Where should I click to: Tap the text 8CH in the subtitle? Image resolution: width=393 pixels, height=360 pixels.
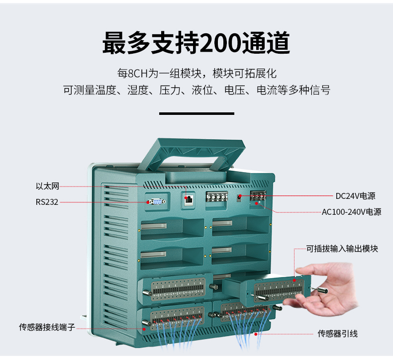pyautogui.click(x=138, y=74)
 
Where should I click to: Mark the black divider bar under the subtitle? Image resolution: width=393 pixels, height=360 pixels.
pyautogui.click(x=196, y=114)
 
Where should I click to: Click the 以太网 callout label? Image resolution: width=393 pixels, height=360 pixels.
pyautogui.click(x=47, y=186)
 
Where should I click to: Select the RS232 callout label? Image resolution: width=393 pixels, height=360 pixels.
pyautogui.click(x=47, y=202)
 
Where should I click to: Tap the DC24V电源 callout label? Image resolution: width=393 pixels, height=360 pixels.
pyautogui.click(x=355, y=196)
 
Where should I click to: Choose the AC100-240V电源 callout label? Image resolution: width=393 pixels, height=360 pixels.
pyautogui.click(x=351, y=212)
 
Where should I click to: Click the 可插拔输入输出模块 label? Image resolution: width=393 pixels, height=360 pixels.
pyautogui.click(x=342, y=249)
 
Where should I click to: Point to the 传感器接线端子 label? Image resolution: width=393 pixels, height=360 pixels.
pyautogui.click(x=47, y=327)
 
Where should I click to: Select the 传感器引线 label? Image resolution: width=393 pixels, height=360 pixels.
pyautogui.click(x=338, y=333)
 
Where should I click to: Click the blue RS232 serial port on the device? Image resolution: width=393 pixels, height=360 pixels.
pyautogui.click(x=156, y=201)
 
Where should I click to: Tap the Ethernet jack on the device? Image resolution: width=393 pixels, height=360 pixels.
pyautogui.click(x=189, y=199)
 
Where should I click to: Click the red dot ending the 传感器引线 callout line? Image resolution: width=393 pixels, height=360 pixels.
pyautogui.click(x=256, y=334)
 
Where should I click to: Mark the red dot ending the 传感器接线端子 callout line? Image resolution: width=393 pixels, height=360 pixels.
pyautogui.click(x=144, y=328)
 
